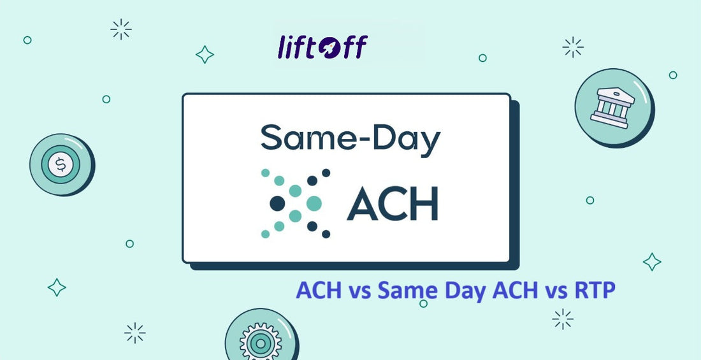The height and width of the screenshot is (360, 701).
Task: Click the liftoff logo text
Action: coord(322,47)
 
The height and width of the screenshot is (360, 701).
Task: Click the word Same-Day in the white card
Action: coord(350,138)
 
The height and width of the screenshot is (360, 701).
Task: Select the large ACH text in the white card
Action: coord(392,203)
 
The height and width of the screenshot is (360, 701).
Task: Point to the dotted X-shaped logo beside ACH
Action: coord(296,203)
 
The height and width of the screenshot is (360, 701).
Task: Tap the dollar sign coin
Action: coord(61,165)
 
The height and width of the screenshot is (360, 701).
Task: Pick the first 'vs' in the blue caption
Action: coord(361,291)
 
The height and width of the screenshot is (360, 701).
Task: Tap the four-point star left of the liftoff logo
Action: coord(205,55)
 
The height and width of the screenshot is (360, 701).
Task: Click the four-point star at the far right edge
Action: coord(651,261)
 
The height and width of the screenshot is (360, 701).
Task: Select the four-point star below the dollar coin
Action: coord(57,287)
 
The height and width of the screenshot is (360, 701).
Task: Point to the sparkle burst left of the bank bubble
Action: coord(574,47)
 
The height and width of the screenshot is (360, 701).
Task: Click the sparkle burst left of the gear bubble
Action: coord(134,333)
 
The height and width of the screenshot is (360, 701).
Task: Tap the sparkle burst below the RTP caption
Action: coord(563,319)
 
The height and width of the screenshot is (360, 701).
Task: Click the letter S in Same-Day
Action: coord(272,138)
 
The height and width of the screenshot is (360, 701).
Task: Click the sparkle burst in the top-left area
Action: coord(120,29)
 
